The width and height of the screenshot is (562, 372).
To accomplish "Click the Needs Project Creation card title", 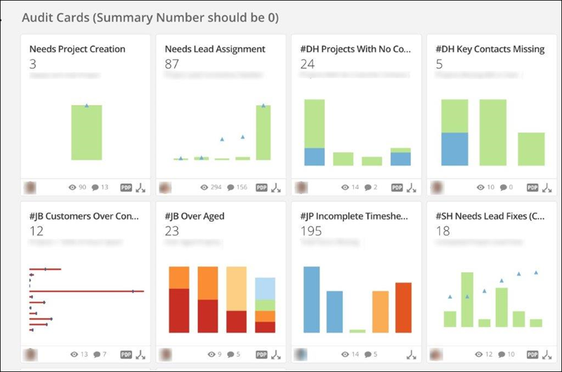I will click(x=77, y=49).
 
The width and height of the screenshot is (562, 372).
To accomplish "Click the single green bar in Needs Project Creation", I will click(x=86, y=133).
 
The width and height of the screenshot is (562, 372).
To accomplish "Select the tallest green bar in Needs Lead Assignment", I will click(x=263, y=133).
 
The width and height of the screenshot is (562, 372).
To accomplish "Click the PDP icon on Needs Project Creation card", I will click(x=126, y=188).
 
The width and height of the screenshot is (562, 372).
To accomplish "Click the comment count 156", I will click(x=242, y=188).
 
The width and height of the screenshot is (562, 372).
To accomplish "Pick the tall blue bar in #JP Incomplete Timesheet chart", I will click(x=311, y=299).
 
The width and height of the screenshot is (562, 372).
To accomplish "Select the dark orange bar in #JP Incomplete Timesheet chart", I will click(x=403, y=307).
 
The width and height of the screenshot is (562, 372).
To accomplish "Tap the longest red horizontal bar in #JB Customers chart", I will click(x=86, y=290).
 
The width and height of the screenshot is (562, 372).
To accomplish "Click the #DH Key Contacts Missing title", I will click(x=490, y=49).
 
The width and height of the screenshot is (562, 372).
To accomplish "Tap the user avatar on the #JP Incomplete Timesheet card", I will click(x=301, y=354).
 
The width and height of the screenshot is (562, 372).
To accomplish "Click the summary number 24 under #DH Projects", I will click(x=307, y=63).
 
